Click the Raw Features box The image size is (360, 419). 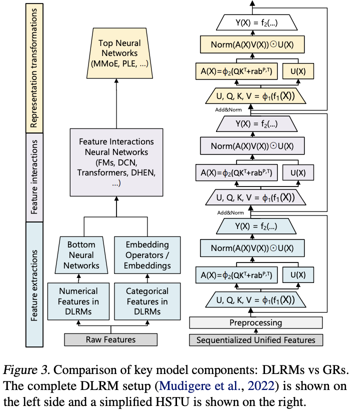click(x=110, y=340)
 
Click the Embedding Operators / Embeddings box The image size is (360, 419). click(x=147, y=255)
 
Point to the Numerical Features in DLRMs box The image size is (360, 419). click(x=79, y=301)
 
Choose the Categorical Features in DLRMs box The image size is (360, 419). click(x=147, y=301)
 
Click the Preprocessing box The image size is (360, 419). click(x=255, y=323)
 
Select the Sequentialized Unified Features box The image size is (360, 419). click(x=255, y=340)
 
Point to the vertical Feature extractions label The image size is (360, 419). click(x=35, y=282)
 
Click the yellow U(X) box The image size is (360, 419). click(x=298, y=71)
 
